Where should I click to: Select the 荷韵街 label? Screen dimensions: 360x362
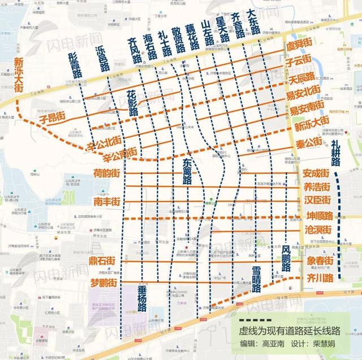click(106, 174)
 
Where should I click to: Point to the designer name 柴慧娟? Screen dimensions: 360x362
click(323, 344)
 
